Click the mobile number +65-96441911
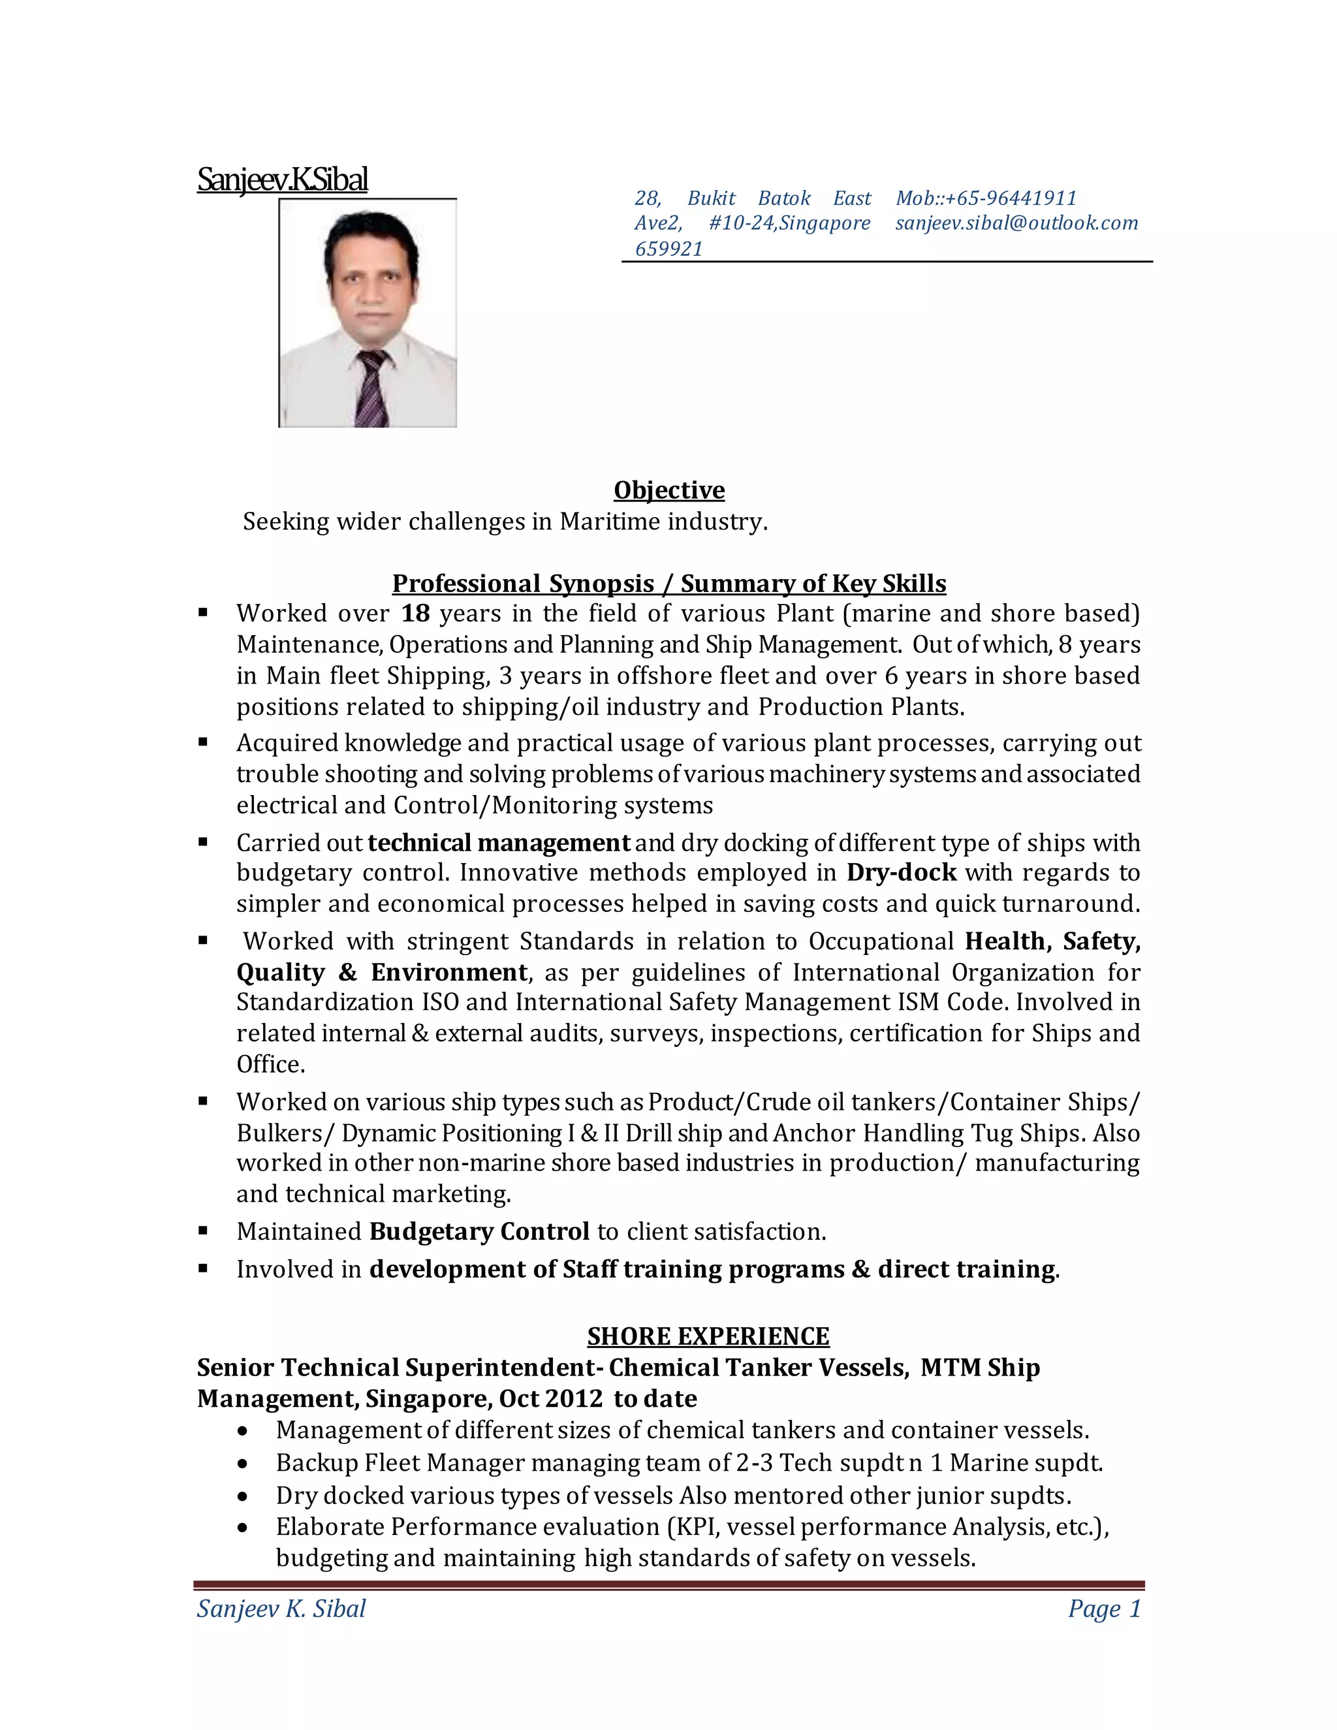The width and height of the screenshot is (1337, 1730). coord(1011,198)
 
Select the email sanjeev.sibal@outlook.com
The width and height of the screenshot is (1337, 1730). coord(1016,223)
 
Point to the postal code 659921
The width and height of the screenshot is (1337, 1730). coord(668,249)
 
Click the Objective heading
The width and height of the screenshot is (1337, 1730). coord(668,490)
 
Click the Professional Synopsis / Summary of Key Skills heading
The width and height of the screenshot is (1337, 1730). coord(668,584)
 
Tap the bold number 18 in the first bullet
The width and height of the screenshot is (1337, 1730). coord(415,614)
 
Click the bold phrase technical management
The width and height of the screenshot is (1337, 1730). coord(499,843)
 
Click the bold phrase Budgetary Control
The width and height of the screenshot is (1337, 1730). coord(479,1232)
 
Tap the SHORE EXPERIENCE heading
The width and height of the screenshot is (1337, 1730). coord(708,1337)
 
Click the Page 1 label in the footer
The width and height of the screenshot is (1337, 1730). coord(1103,1609)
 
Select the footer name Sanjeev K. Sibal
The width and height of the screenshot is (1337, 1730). coord(281,1609)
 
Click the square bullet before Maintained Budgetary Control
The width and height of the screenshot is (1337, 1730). coord(204,1231)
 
